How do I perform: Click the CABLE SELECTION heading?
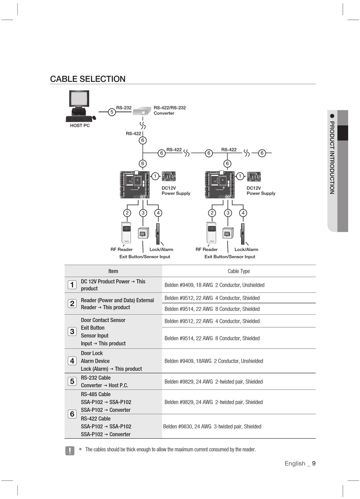point(88,79)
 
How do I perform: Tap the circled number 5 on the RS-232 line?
point(112,112)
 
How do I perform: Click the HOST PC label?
point(80,126)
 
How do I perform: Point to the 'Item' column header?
point(113,271)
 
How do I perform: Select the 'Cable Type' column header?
point(239,271)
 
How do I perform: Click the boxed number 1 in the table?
point(72,285)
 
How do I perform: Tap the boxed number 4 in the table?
point(72,361)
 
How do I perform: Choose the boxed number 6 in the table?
point(72,414)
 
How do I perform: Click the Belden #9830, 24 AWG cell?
point(212,427)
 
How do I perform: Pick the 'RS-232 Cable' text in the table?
point(96,378)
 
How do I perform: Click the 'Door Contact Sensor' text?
point(103,320)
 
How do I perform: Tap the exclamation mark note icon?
point(70,450)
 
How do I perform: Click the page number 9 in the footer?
point(314,463)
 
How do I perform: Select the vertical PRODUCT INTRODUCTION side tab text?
point(332,157)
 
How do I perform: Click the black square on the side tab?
point(343,133)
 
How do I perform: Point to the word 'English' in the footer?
point(295,463)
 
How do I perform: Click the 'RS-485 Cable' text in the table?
point(96,394)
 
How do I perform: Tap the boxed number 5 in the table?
point(72,381)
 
